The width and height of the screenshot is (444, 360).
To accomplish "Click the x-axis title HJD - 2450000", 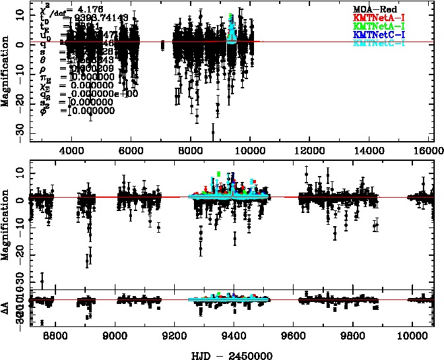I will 231,353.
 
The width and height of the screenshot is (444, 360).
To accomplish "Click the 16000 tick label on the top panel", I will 429,150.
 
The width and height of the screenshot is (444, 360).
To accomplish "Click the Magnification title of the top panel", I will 6,73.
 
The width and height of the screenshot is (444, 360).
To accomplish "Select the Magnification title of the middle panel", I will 6,224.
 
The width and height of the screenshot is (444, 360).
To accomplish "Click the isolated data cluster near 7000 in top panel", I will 162,45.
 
